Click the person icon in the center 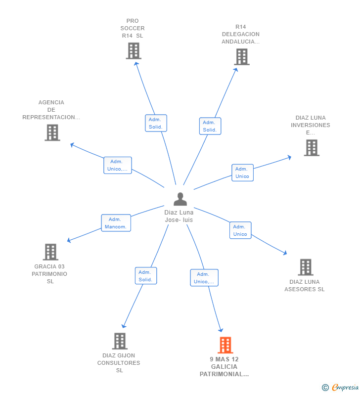click(x=180, y=199)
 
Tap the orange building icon click(x=225, y=345)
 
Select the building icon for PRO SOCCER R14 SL click(x=134, y=51)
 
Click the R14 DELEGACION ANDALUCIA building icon click(x=242, y=57)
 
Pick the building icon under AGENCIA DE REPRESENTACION click(x=52, y=132)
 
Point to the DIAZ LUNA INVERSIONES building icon click(x=312, y=148)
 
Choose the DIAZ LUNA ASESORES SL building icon click(x=306, y=267)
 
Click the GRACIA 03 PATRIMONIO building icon click(x=50, y=252)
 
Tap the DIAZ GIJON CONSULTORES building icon click(x=120, y=341)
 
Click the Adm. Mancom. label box click(x=116, y=223)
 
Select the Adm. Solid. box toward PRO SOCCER click(x=156, y=123)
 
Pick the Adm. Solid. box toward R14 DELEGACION click(x=210, y=126)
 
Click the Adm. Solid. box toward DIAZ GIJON click(x=146, y=276)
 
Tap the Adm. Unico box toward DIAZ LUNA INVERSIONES click(x=242, y=173)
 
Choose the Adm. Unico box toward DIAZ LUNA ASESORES click(x=240, y=230)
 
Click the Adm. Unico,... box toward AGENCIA click(x=118, y=165)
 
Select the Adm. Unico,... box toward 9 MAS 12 click(x=204, y=278)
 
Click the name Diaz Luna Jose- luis click(x=179, y=216)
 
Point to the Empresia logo click(x=340, y=388)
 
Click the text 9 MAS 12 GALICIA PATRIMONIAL click(x=225, y=367)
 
